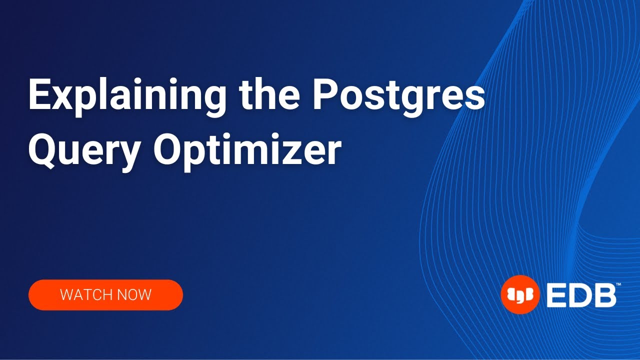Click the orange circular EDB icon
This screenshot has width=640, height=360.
520,295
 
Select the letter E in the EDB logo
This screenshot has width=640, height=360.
554,295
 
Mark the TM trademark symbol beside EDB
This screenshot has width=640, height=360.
618,284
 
